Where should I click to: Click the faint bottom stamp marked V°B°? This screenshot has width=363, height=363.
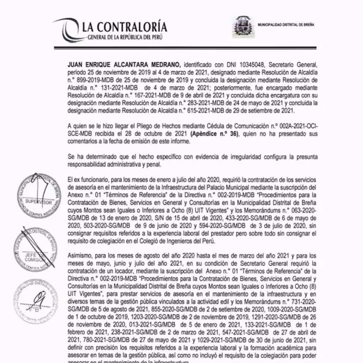(36, 301)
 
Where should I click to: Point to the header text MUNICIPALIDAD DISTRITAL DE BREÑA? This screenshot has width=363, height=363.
(285, 25)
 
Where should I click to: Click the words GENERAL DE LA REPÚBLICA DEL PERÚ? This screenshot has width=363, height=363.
(125, 37)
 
